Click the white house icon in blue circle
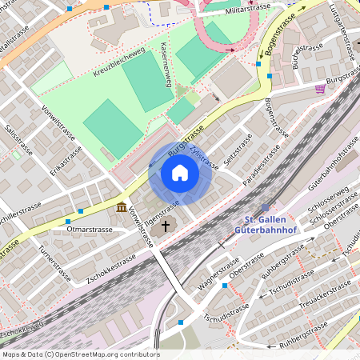(x=180, y=173)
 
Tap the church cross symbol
(x=166, y=226)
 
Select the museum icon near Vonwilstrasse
(x=121, y=208)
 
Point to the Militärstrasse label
(x=248, y=7)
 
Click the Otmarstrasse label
(x=90, y=229)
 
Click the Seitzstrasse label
(x=238, y=151)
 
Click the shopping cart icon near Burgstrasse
(x=320, y=89)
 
